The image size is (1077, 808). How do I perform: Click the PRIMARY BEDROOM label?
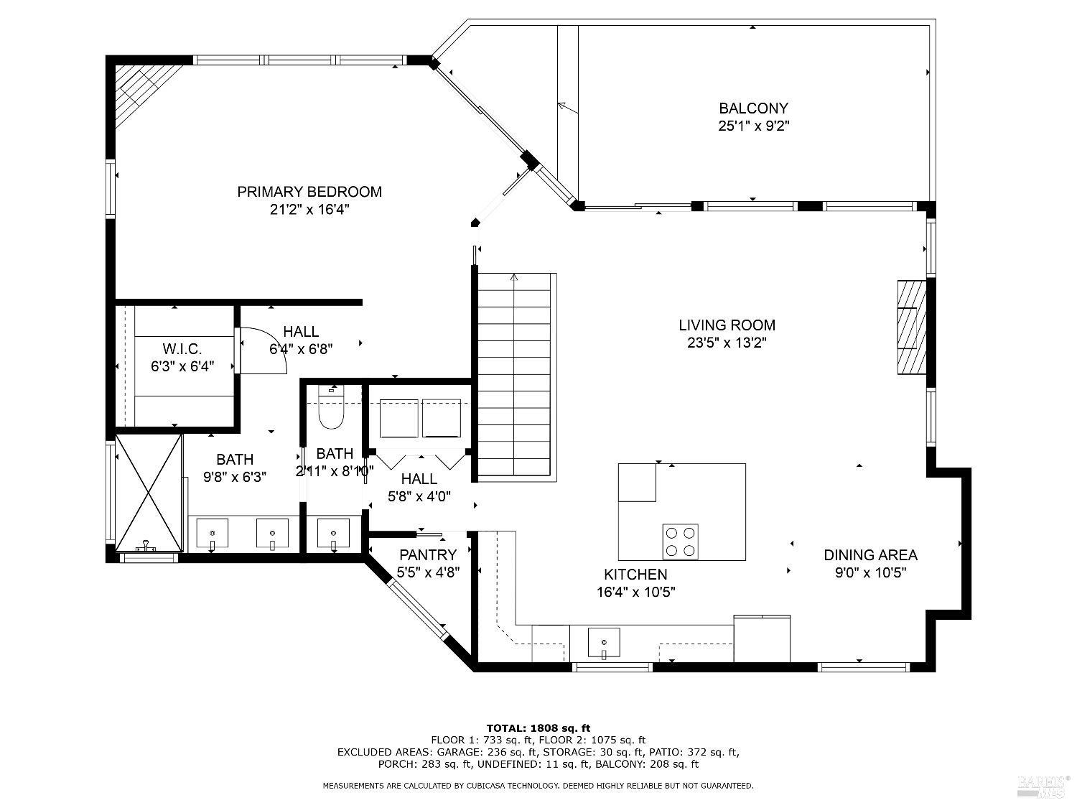(309, 192)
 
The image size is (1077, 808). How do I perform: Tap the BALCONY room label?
(753, 108)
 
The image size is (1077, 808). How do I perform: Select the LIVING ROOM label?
(727, 325)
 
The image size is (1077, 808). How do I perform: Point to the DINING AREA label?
(870, 555)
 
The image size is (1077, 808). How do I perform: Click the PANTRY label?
(428, 555)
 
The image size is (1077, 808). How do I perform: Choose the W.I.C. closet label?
(182, 349)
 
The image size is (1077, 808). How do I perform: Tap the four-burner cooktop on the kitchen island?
(680, 542)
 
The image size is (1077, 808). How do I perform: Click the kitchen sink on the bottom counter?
(604, 643)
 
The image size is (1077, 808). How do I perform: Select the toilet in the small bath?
(332, 408)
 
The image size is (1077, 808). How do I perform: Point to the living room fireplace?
(912, 328)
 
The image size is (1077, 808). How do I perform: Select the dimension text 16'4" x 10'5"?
(635, 592)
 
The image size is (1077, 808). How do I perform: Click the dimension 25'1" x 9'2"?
(754, 126)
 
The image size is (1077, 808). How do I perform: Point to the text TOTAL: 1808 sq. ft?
(538, 728)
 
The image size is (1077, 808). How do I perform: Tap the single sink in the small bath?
(333, 533)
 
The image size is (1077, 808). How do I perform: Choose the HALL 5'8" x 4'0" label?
(419, 488)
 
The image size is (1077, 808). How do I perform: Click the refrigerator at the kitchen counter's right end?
(762, 638)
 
